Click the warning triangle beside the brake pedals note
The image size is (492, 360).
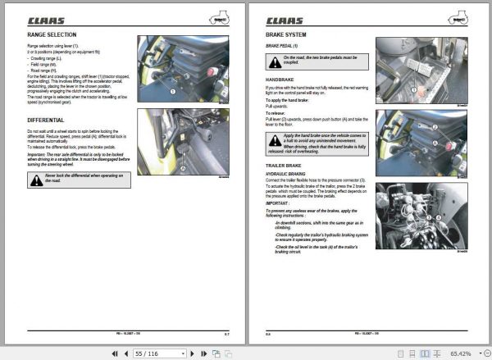272,59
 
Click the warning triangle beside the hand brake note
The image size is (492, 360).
272,141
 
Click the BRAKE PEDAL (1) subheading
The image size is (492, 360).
284,48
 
